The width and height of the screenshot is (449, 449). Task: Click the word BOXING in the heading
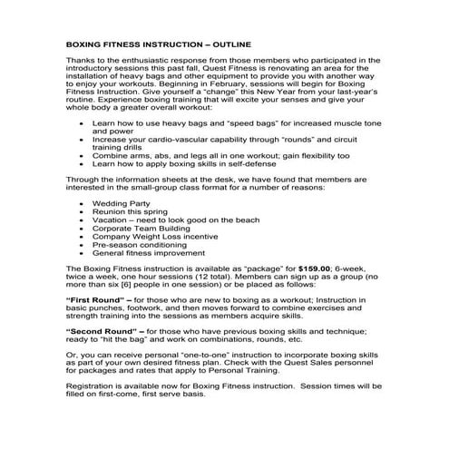[87, 44]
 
